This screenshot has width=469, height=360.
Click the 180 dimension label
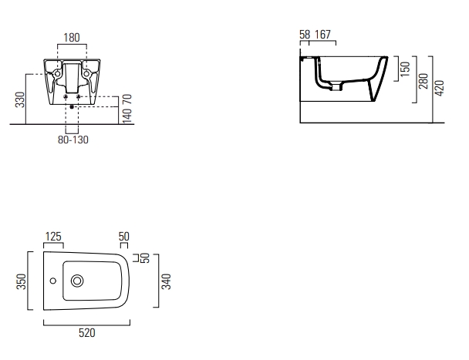(72, 38)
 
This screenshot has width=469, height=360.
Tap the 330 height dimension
(20, 99)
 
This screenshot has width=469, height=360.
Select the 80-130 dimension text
(73, 140)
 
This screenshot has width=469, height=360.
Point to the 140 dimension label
(127, 116)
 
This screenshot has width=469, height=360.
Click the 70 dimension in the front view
(127, 99)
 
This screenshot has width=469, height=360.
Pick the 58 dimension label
(305, 35)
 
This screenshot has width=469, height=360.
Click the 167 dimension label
(322, 35)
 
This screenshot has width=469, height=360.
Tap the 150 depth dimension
(405, 69)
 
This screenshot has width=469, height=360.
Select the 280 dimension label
(423, 81)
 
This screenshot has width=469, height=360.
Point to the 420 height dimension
(440, 88)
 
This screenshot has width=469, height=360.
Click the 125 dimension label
(53, 237)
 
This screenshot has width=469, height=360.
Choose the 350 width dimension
(22, 281)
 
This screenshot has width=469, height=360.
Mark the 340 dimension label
(166, 281)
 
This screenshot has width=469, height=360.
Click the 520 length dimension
(87, 333)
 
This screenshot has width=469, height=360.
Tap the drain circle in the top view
(77, 281)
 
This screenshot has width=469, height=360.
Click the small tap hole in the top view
(53, 281)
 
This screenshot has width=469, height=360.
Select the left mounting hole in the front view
(57, 73)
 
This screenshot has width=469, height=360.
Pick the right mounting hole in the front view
(86, 73)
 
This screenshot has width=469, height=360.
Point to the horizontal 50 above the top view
(124, 237)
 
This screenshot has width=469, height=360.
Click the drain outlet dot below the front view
(72, 106)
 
